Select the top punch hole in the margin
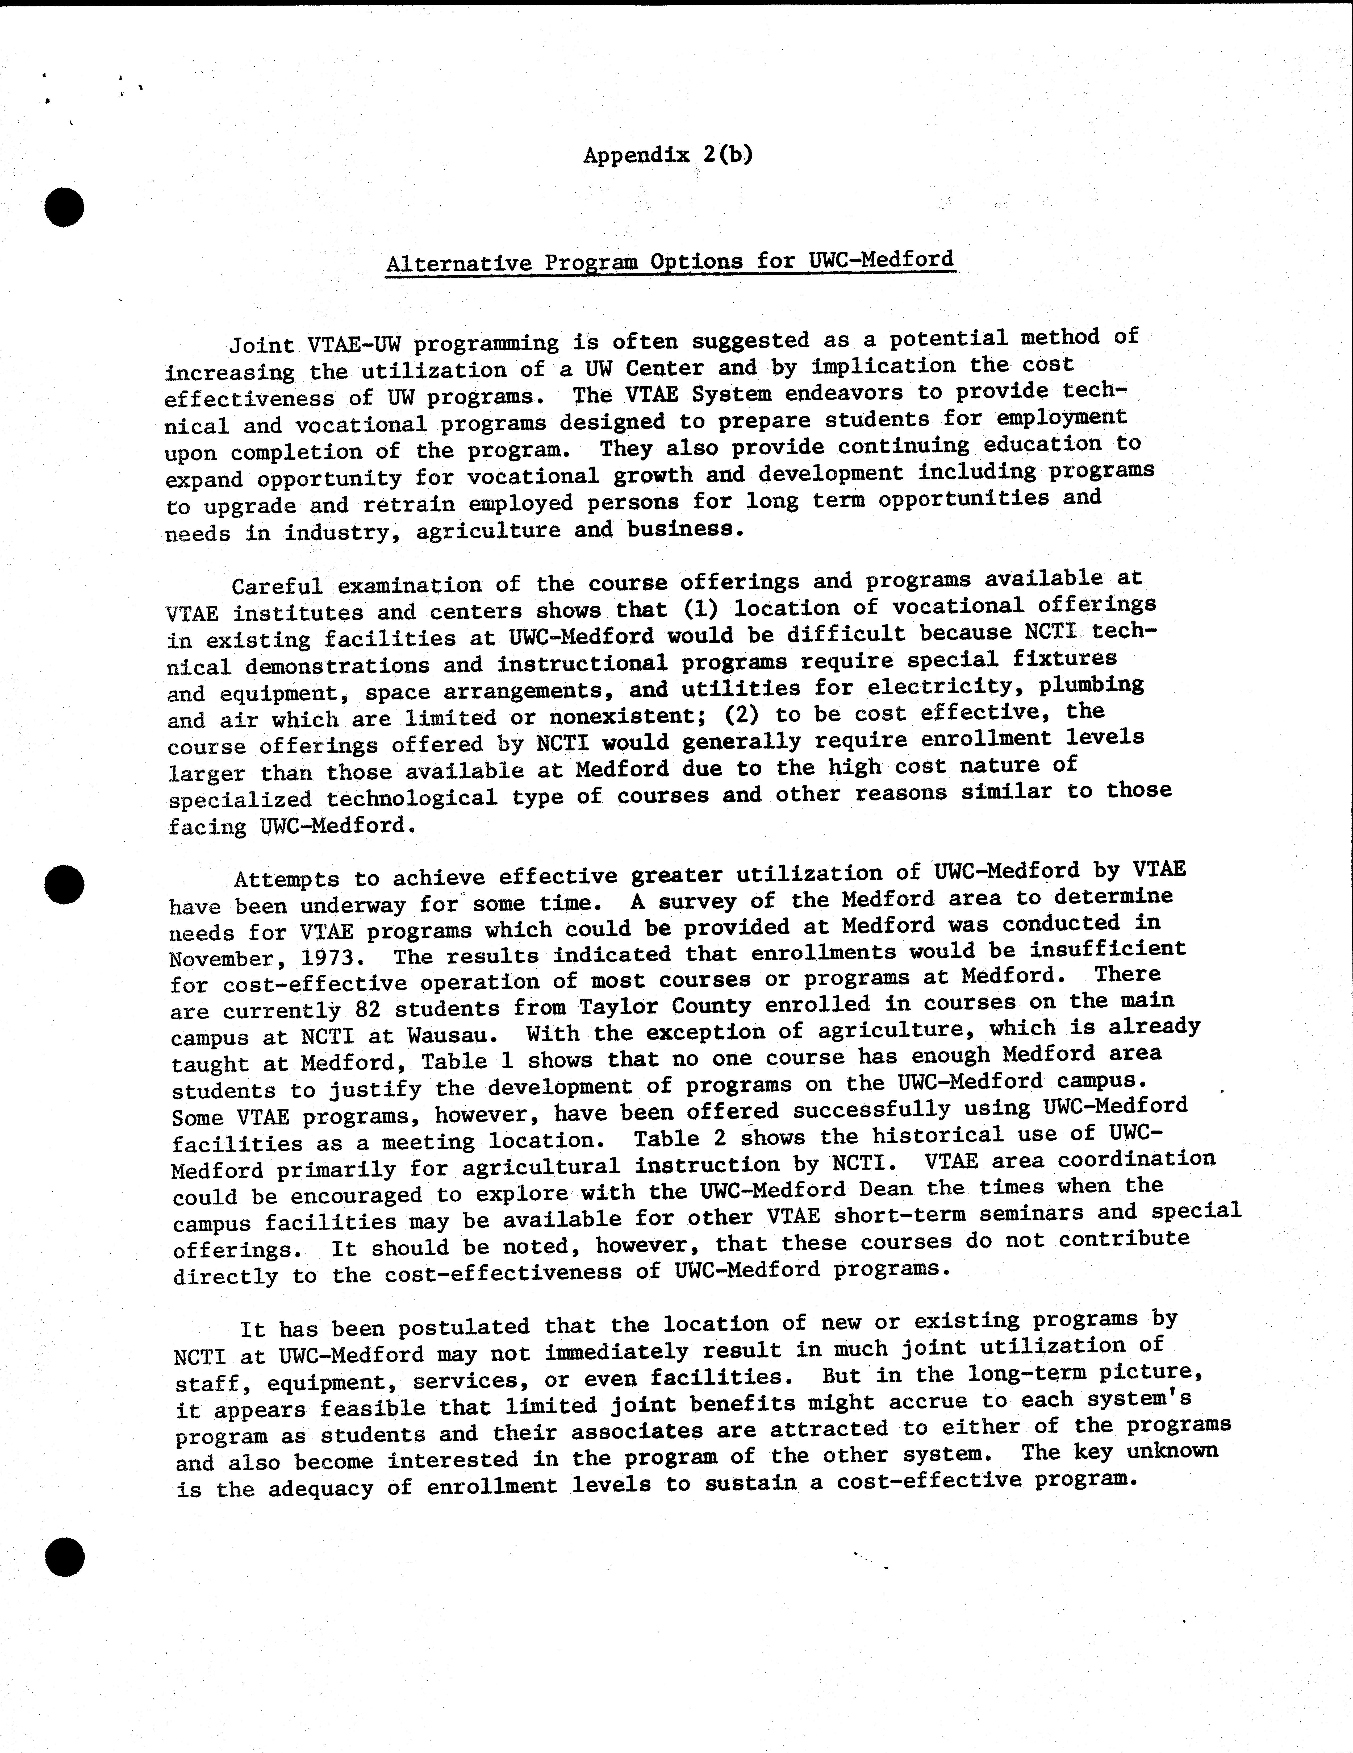(x=64, y=208)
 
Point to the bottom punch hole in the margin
(x=64, y=1558)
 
